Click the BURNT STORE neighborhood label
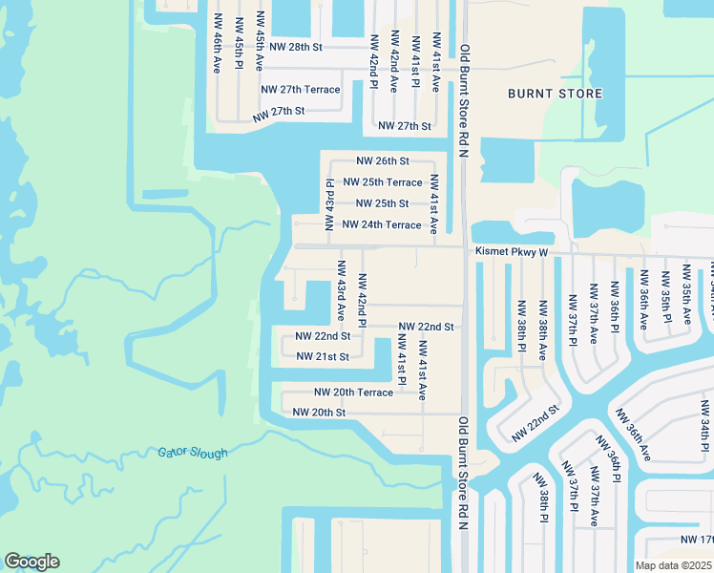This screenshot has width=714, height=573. click(x=555, y=94)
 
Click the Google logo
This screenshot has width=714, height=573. click(x=31, y=562)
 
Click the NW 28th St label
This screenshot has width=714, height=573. click(x=297, y=46)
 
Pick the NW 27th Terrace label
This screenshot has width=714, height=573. click(x=301, y=90)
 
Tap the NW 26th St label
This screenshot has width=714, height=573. click(x=383, y=161)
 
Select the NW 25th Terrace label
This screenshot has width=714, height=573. click(x=382, y=181)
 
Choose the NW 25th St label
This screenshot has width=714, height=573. click(x=382, y=203)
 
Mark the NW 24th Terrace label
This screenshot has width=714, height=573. click(x=381, y=224)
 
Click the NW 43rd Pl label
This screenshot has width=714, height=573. click(x=329, y=204)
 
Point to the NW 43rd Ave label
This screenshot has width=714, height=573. click(x=341, y=290)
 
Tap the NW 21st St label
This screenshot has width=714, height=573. click(x=323, y=356)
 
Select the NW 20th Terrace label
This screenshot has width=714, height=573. click(x=353, y=393)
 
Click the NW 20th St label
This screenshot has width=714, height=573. click(x=319, y=413)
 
